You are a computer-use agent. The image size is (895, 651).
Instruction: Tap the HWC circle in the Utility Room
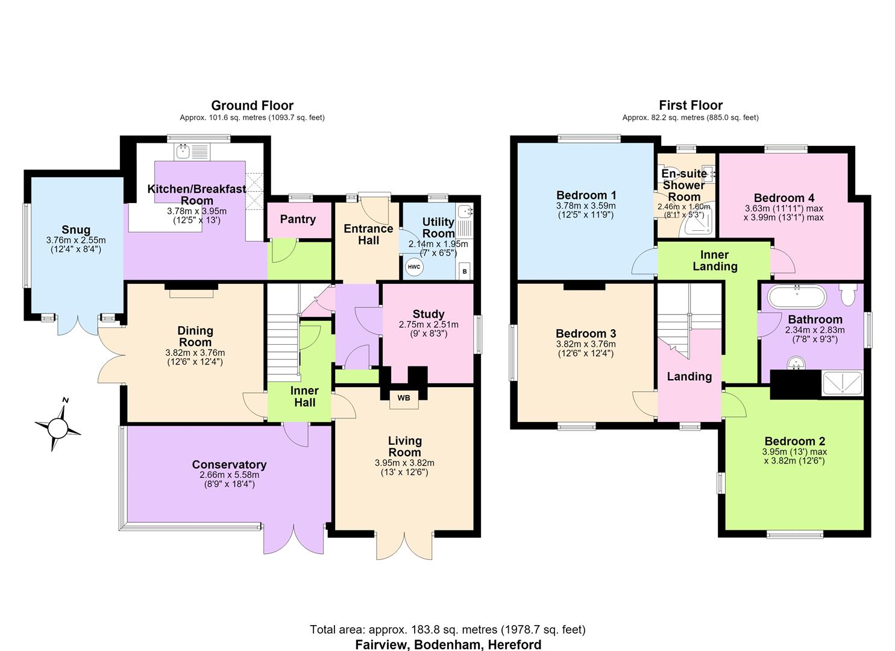[x=414, y=267]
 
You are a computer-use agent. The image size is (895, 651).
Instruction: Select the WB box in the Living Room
[x=404, y=398]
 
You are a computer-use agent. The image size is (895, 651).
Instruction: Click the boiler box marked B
[x=464, y=271]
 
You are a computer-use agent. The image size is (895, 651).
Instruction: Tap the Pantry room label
[x=298, y=219]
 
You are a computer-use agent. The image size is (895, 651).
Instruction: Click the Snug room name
[x=76, y=230]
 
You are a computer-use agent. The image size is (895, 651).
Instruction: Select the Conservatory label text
[x=229, y=464]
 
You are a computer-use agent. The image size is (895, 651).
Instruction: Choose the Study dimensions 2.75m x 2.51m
[x=429, y=324]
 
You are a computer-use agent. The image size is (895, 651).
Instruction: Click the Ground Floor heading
[x=252, y=105]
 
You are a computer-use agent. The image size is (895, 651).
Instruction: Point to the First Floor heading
[x=691, y=105]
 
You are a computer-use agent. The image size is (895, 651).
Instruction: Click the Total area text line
[x=447, y=630]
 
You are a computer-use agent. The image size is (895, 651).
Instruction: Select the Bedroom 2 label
[x=795, y=441]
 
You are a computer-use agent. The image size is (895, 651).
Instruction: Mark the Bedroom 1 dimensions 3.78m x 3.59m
[x=586, y=206]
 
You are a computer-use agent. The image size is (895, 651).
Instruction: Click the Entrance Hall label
[x=368, y=234]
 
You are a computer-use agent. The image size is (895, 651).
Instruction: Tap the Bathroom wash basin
[x=796, y=363]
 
